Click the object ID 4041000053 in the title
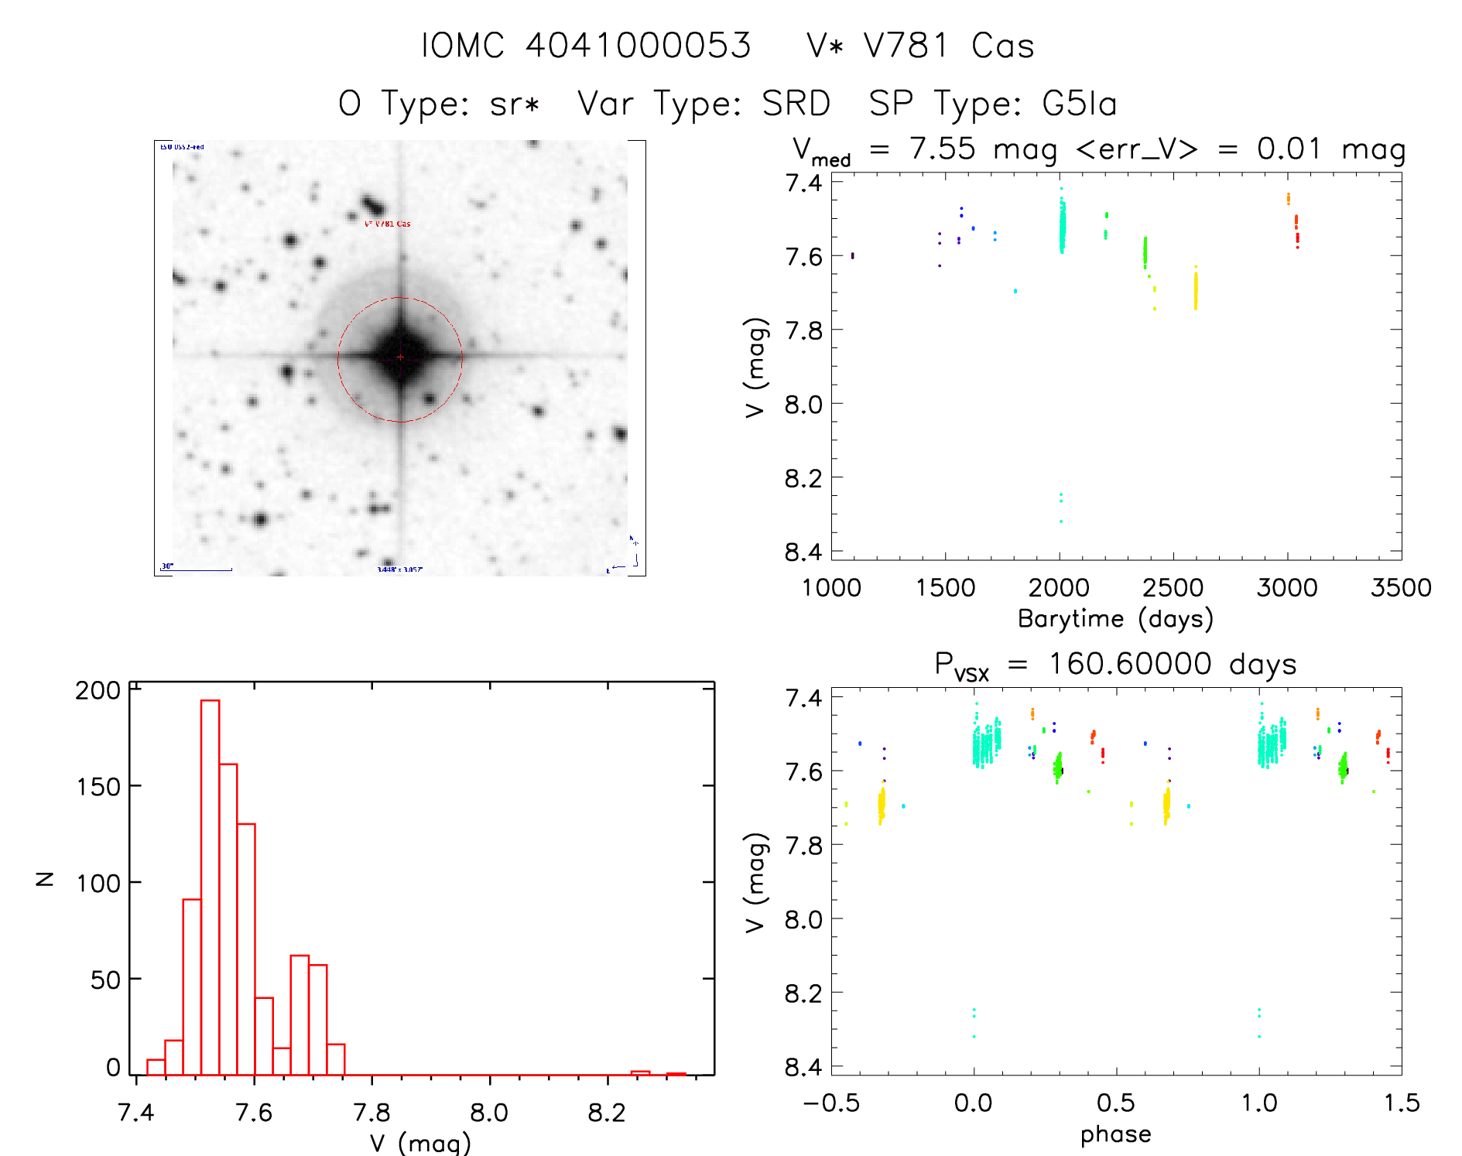pyautogui.click(x=638, y=46)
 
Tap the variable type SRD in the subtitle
pyautogui.click(x=796, y=104)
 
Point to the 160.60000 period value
pyautogui.click(x=1130, y=664)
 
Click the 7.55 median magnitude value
pyautogui.click(x=942, y=149)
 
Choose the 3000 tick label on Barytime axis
pyautogui.click(x=1286, y=588)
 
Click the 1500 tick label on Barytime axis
pyautogui.click(x=945, y=588)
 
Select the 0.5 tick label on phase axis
pyautogui.click(x=1116, y=1103)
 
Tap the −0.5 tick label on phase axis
pyautogui.click(x=830, y=1103)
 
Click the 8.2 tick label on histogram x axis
pyautogui.click(x=607, y=1113)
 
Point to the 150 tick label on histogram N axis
pyautogui.click(x=98, y=787)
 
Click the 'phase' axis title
pyautogui.click(x=1115, y=1134)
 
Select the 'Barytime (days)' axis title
pyautogui.click(x=1115, y=619)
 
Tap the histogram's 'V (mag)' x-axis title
pyautogui.click(x=419, y=1143)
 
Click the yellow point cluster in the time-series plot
pyautogui.click(x=1195, y=290)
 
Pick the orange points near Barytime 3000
pyautogui.click(x=1288, y=199)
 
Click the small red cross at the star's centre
pyautogui.click(x=400, y=357)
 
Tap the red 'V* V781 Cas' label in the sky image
pyautogui.click(x=388, y=224)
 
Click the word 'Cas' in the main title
pyautogui.click(x=1003, y=46)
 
